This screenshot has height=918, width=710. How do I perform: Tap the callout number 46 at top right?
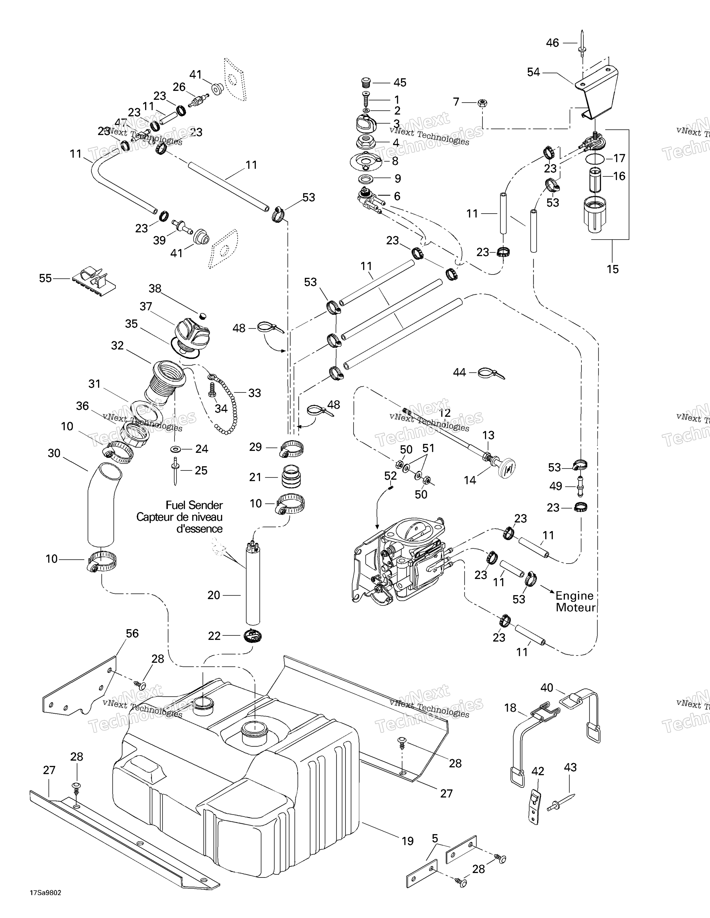click(x=552, y=43)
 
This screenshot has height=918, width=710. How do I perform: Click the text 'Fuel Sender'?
click(x=194, y=505)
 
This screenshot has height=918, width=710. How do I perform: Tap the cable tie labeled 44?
click(x=491, y=373)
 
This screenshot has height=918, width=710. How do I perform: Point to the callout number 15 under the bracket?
click(x=613, y=269)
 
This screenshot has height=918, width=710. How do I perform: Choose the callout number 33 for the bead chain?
click(x=254, y=393)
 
